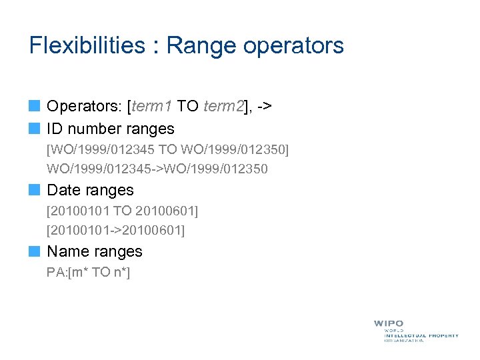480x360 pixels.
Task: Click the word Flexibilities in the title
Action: coord(87,45)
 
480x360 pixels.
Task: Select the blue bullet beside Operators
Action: coord(35,105)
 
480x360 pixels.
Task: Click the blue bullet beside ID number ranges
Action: coord(35,129)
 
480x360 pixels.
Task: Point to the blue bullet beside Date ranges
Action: coord(35,190)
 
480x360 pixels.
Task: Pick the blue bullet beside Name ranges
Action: coord(35,251)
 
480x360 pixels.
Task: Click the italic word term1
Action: coord(153,105)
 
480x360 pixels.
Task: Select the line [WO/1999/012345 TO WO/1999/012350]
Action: coord(167,150)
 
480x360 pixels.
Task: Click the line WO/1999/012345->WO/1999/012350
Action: coord(157,169)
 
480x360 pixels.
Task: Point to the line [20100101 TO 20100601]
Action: coord(123,211)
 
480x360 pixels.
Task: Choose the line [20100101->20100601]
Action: coord(116,230)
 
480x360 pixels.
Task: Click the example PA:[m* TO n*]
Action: coord(88,272)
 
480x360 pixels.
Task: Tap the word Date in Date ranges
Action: coord(63,190)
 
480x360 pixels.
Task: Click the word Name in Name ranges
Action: coord(67,251)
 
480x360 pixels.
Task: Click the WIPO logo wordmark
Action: coord(389,323)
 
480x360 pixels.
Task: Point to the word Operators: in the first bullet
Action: coord(84,105)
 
